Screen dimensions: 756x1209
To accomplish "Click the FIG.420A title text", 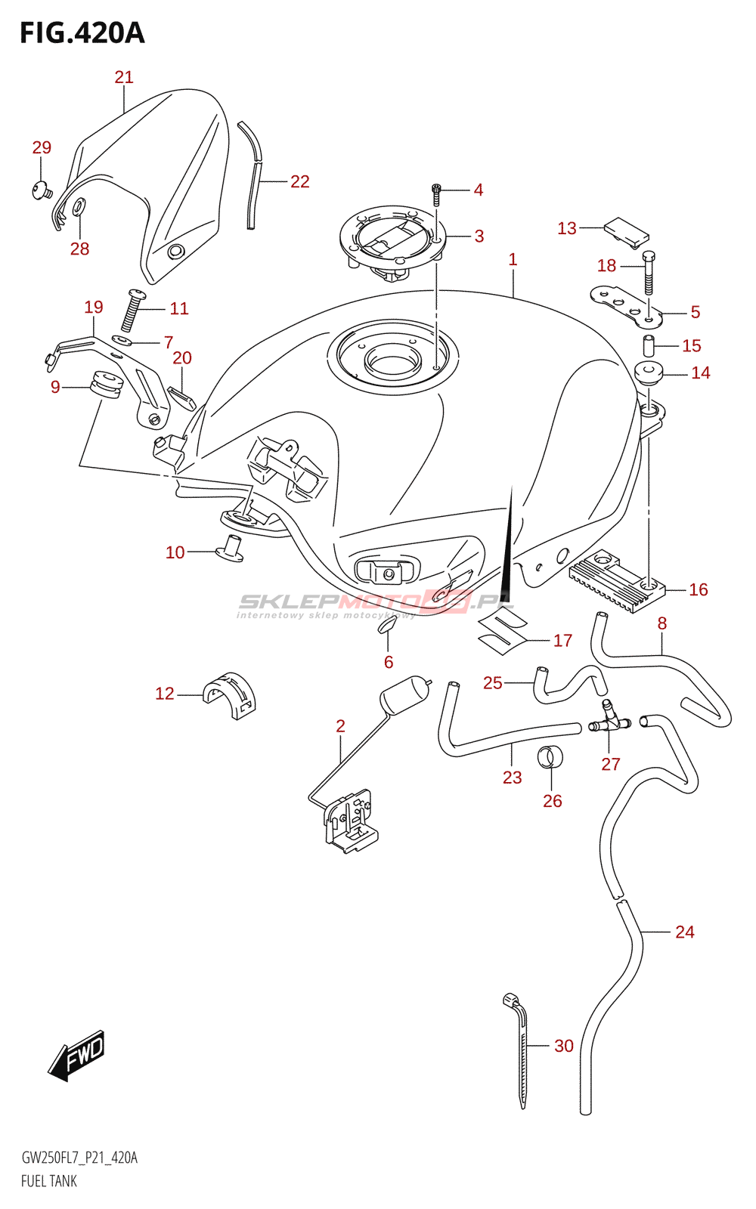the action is tap(82, 33).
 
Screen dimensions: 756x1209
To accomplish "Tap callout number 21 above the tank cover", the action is tap(124, 77).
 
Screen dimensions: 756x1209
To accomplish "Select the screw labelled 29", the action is tap(42, 190).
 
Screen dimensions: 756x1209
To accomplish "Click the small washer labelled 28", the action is tap(79, 206).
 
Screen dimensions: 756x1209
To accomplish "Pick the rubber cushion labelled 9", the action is tap(106, 385).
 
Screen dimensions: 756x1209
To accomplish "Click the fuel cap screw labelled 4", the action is tap(435, 194).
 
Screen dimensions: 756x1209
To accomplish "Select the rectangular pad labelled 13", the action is tap(627, 231).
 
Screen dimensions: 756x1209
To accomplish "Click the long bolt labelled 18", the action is tap(649, 273).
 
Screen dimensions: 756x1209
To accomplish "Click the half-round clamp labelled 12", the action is tap(230, 696).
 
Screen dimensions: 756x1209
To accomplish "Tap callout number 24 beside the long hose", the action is tap(685, 932).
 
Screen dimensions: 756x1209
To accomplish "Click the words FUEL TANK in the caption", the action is tap(49, 1181).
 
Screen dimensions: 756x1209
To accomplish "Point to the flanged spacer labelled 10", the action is tap(229, 549).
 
